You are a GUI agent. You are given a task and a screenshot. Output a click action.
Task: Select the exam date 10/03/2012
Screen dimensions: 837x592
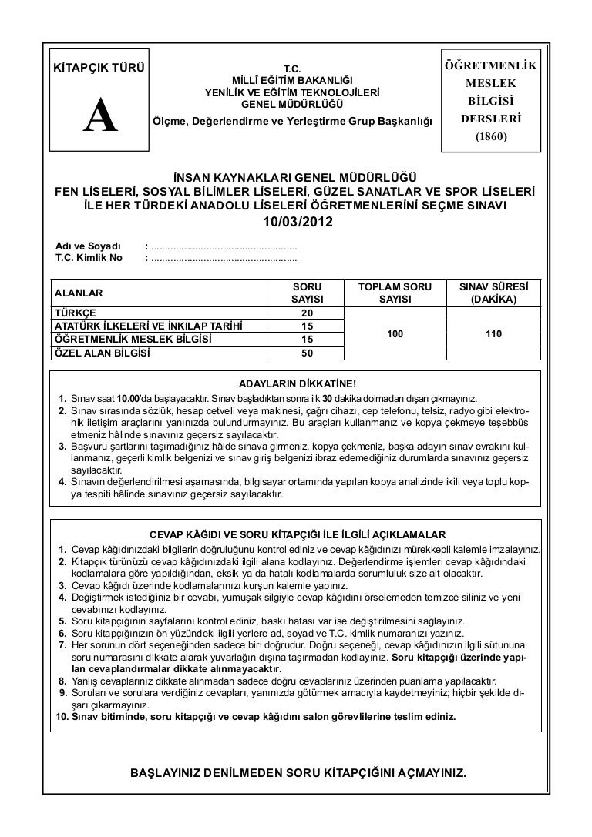[x=297, y=223]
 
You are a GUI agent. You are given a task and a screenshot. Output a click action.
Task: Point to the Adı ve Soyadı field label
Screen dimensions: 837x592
[x=82, y=246]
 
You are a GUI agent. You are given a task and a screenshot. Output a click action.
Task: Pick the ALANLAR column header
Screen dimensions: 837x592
[x=76, y=292]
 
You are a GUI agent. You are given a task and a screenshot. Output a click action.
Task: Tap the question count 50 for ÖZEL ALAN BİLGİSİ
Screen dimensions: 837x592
[x=307, y=353]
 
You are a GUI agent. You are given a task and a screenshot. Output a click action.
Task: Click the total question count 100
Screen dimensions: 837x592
[x=395, y=334]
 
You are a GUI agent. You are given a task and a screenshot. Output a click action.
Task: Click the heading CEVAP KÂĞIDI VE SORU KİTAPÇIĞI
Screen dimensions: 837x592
[x=298, y=534]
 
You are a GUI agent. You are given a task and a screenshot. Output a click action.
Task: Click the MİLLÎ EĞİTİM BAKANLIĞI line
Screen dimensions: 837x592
[x=292, y=80]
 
